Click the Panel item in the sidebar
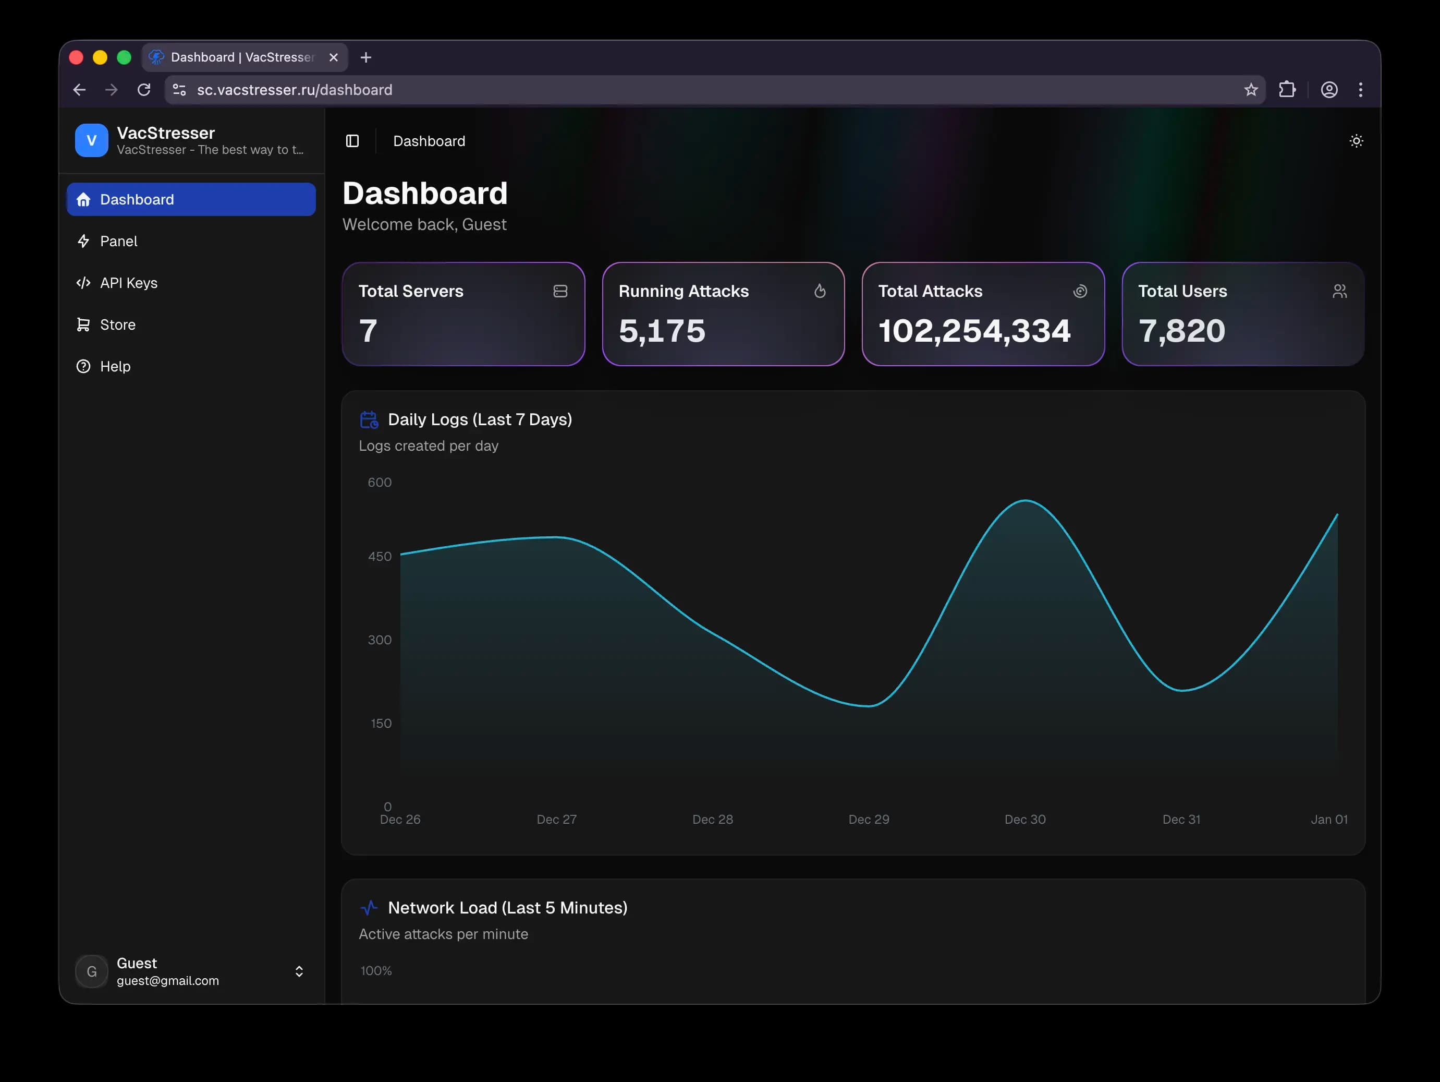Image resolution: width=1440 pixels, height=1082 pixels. tap(118, 241)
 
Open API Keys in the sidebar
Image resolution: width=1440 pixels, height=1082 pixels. tap(128, 283)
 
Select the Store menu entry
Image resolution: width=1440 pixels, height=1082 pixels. tap(117, 324)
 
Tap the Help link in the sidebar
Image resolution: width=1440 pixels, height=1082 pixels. tap(115, 366)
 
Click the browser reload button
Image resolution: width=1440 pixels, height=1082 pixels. tap(144, 90)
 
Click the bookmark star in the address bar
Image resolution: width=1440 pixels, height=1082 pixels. tap(1251, 90)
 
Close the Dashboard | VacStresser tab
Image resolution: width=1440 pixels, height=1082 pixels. tap(333, 57)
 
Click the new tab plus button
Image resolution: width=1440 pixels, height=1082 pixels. tap(366, 57)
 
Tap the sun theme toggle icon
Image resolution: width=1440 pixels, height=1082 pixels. tap(1356, 141)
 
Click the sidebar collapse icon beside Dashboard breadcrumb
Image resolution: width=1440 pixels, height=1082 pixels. tap(352, 141)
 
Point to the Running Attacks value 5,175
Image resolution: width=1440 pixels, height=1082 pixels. tap(662, 330)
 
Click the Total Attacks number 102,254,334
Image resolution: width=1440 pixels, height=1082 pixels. tap(974, 330)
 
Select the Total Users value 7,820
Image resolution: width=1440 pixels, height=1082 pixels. tap(1181, 330)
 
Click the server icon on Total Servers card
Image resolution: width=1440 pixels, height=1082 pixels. tap(560, 291)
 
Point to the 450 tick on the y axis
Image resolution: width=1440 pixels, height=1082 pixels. tap(380, 556)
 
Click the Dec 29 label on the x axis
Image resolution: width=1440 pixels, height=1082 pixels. tap(869, 819)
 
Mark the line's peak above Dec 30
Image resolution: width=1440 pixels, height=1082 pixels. tap(1026, 500)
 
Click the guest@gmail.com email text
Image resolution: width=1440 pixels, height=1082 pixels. tap(167, 980)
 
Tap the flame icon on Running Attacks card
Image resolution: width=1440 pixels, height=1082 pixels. tap(820, 291)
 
